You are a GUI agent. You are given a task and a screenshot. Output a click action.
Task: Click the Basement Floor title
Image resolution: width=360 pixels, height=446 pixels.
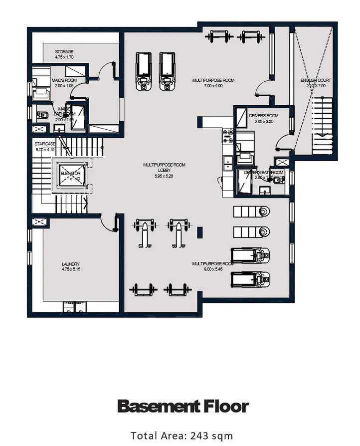tap(182, 407)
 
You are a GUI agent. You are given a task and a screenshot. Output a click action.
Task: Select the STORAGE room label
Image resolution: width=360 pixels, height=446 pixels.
tap(64, 52)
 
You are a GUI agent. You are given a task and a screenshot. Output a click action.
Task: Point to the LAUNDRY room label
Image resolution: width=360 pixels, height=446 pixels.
tap(71, 264)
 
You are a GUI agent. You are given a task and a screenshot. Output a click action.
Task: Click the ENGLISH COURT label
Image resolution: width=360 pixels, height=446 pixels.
tap(315, 80)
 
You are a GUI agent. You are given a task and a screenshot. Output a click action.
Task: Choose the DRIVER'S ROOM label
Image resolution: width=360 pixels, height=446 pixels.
tap(263, 116)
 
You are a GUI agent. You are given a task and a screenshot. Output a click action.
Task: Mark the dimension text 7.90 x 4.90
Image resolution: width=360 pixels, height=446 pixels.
tap(213, 86)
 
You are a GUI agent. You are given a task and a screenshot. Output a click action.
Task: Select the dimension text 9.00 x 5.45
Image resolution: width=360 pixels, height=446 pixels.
tap(213, 269)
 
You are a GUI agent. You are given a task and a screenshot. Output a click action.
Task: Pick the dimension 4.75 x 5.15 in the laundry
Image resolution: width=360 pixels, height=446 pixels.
tap(71, 269)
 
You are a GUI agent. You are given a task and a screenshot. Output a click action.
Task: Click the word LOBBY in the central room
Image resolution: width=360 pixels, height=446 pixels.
tap(164, 170)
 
